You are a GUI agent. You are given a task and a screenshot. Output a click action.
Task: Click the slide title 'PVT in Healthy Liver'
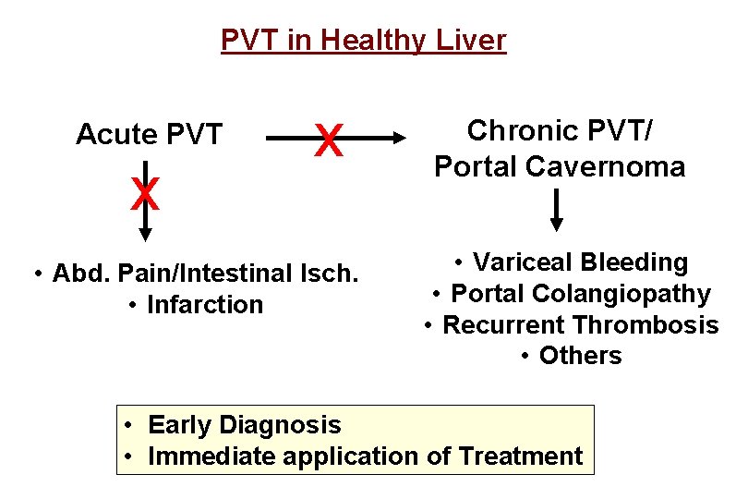click(363, 41)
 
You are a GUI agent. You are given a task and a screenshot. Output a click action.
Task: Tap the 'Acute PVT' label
click(149, 135)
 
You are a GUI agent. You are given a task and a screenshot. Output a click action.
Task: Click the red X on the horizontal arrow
click(328, 141)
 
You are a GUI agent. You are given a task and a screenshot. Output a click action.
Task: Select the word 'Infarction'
click(205, 305)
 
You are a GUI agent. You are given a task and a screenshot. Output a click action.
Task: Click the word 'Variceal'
click(525, 262)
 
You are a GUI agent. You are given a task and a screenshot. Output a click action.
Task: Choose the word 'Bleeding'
click(634, 262)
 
